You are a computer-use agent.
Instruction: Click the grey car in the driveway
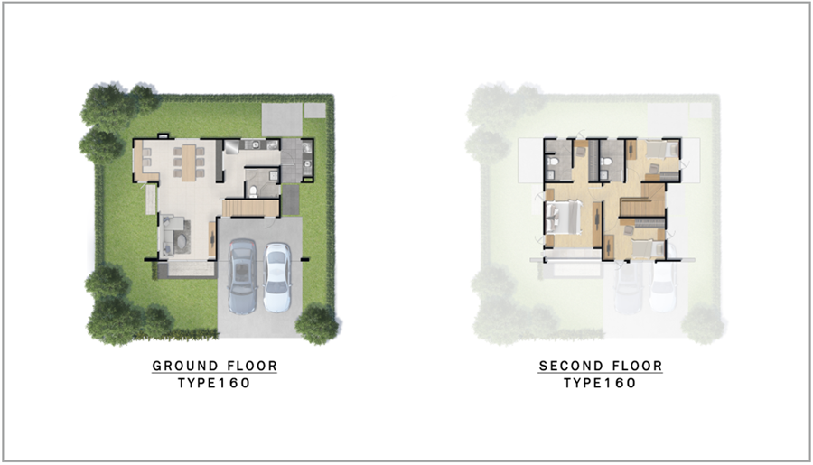[242, 275]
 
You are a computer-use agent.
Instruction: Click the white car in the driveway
[277, 277]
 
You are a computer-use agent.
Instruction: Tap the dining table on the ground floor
[189, 163]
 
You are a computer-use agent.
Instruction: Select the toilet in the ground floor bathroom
[253, 191]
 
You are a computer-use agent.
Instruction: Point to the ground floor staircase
[251, 208]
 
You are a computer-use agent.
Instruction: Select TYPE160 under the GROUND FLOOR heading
[214, 383]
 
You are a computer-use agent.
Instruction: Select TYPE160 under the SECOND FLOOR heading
[600, 383]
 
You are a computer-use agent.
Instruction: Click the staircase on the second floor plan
[643, 202]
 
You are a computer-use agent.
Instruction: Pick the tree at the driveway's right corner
[317, 323]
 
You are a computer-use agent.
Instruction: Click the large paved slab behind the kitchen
[282, 120]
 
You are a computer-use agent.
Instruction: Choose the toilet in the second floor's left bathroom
[553, 163]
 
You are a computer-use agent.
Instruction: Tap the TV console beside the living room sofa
[211, 238]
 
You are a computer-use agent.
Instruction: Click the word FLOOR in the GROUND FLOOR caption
[253, 366]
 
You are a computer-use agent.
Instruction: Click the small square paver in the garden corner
[315, 110]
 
